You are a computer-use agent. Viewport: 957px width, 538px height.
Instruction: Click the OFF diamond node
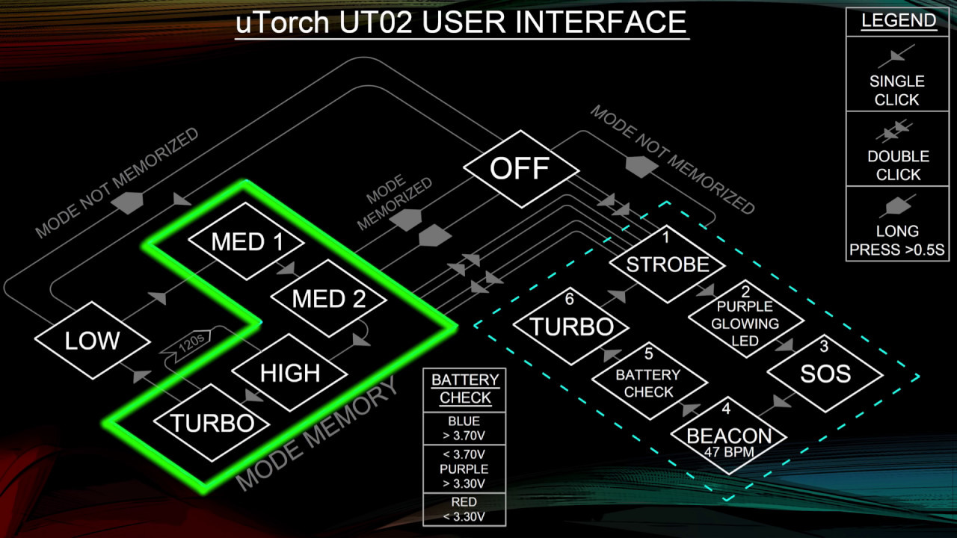(x=520, y=168)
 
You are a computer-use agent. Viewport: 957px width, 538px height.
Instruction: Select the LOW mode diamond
(x=92, y=341)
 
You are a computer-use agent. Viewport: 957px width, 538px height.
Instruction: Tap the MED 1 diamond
(x=247, y=242)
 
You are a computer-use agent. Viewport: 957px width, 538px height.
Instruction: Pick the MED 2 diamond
(x=329, y=299)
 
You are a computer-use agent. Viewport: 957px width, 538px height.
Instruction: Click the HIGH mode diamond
(x=290, y=372)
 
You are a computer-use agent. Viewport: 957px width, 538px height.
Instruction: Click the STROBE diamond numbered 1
(x=668, y=264)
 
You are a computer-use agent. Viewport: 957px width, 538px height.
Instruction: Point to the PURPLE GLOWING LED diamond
(x=745, y=323)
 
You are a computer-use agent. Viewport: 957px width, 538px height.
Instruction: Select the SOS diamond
(x=825, y=373)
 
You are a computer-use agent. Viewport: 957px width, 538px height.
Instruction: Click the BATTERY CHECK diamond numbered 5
(x=649, y=382)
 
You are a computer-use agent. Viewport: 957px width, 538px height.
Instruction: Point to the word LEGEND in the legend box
(x=898, y=21)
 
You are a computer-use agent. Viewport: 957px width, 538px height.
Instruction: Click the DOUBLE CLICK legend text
(x=898, y=165)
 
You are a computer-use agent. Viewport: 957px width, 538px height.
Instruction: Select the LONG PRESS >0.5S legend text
(x=898, y=241)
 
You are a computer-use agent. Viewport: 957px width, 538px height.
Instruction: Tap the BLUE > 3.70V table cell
(x=464, y=429)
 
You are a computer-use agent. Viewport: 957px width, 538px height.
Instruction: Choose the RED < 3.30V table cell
(x=464, y=509)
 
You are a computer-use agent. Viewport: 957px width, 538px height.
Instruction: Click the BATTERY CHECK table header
(x=464, y=389)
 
